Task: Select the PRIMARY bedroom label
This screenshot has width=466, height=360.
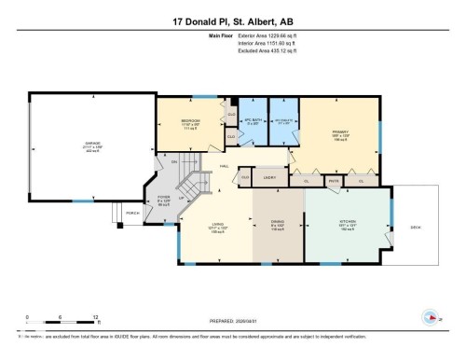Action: click(x=339, y=133)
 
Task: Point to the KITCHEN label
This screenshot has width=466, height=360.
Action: click(x=347, y=221)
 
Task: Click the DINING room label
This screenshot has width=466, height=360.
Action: click(x=277, y=221)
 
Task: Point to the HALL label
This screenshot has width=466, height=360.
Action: click(x=225, y=166)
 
